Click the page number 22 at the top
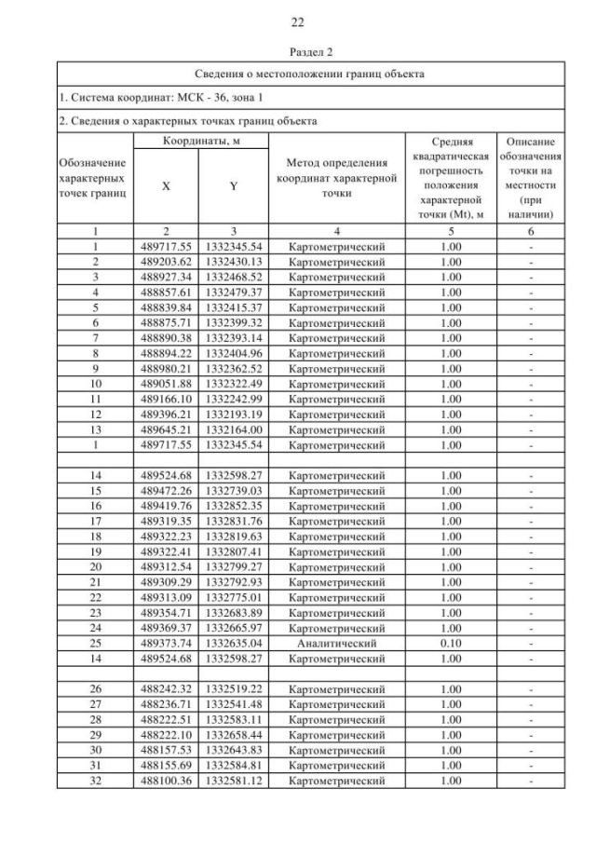pyautogui.click(x=297, y=21)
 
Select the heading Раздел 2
pyautogui.click(x=297, y=54)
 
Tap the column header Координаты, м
pyautogui.click(x=201, y=140)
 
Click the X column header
pyautogui.click(x=166, y=185)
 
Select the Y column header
pyautogui.click(x=233, y=185)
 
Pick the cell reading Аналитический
pyautogui.click(x=337, y=643)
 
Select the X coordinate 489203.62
pyautogui.click(x=166, y=263)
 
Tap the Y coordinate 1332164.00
pyautogui.click(x=233, y=431)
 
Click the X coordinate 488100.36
pyautogui.click(x=166, y=780)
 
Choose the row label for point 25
pyautogui.click(x=94, y=643)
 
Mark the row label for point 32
pyautogui.click(x=94, y=780)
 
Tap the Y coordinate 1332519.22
pyautogui.click(x=233, y=688)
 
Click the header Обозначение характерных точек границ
pyautogui.click(x=94, y=177)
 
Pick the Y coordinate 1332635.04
pyautogui.click(x=233, y=643)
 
